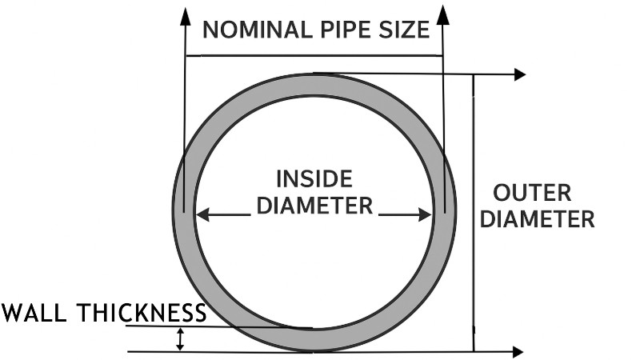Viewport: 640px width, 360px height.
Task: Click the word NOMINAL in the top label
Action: pyautogui.click(x=253, y=30)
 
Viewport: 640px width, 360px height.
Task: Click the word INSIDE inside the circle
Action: pyautogui.click(x=314, y=178)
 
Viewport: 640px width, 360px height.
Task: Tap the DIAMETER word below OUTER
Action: pyautogui.click(x=542, y=218)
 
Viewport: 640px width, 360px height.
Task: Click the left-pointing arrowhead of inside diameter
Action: pyautogui.click(x=202, y=214)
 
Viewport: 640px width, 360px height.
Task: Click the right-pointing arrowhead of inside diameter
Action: pyautogui.click(x=426, y=214)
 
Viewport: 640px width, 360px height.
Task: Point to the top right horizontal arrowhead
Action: pyautogui.click(x=519, y=74)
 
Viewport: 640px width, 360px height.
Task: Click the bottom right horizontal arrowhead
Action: pyautogui.click(x=518, y=351)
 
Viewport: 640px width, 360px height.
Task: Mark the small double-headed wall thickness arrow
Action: pyautogui.click(x=181, y=339)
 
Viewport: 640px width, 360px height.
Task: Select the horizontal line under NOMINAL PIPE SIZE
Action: pyautogui.click(x=314, y=55)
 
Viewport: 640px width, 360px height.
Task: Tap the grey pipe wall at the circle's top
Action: pyautogui.click(x=314, y=85)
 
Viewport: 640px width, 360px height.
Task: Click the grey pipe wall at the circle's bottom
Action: pyautogui.click(x=314, y=340)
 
